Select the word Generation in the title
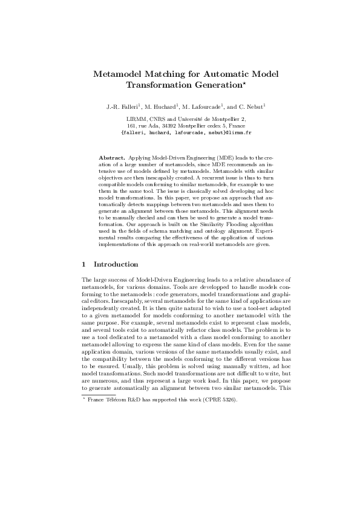tap(210, 86)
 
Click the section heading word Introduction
tap(116, 264)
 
